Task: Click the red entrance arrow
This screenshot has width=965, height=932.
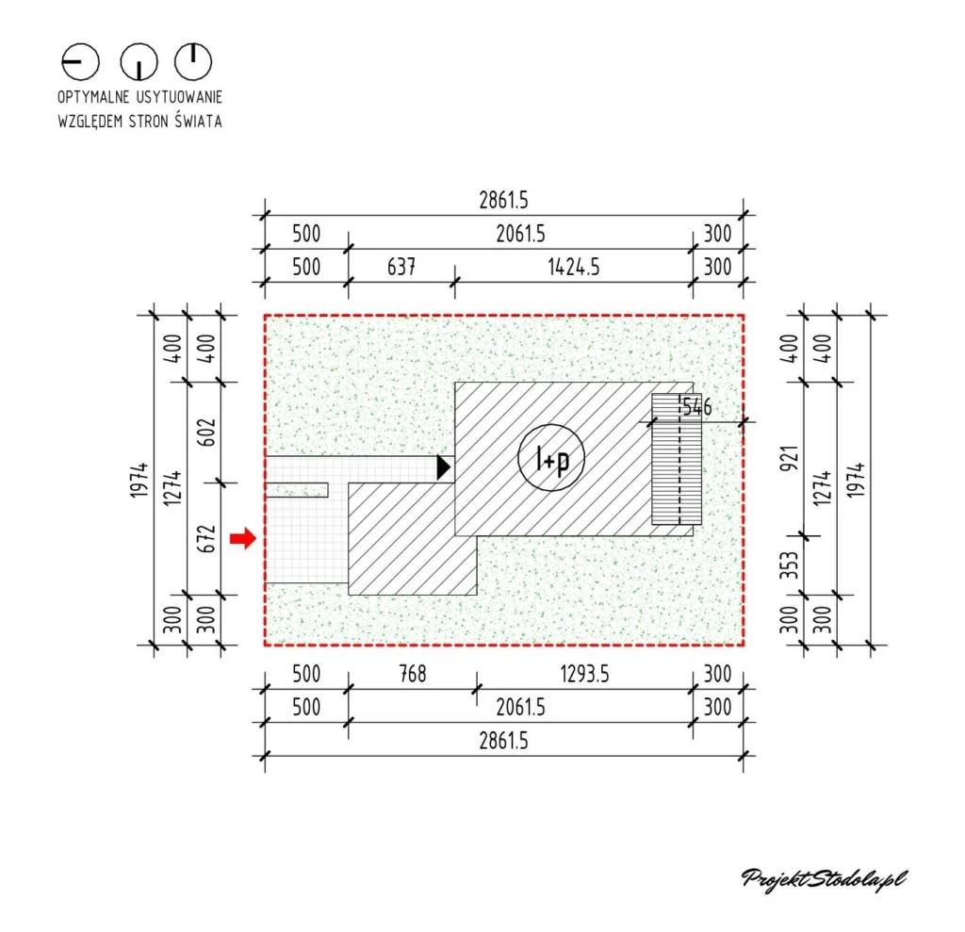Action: (243, 539)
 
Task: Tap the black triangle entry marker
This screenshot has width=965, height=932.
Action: (444, 467)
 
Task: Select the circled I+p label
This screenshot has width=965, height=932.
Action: (551, 458)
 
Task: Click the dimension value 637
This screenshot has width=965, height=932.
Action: (401, 267)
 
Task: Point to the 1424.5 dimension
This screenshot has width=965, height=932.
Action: (574, 267)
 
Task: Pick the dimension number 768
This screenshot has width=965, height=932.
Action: (413, 674)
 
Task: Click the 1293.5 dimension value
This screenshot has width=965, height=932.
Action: (584, 674)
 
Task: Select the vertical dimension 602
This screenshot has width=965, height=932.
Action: (208, 433)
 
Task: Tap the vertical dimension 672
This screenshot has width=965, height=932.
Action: (208, 539)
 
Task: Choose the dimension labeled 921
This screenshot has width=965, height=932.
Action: (790, 459)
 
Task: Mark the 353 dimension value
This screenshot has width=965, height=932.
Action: (790, 565)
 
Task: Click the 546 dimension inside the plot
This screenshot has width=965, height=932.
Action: (696, 407)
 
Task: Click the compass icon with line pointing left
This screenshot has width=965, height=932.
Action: (80, 61)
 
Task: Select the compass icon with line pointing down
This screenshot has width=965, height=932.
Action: (139, 61)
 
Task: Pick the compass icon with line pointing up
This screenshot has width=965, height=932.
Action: (193, 61)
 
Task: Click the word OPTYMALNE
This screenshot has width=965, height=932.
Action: (93, 97)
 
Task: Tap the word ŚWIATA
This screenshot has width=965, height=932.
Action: (198, 121)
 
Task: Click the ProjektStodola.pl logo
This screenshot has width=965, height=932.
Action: (825, 879)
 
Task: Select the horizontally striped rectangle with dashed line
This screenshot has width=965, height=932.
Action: (677, 459)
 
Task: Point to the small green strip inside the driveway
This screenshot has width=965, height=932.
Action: (297, 490)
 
